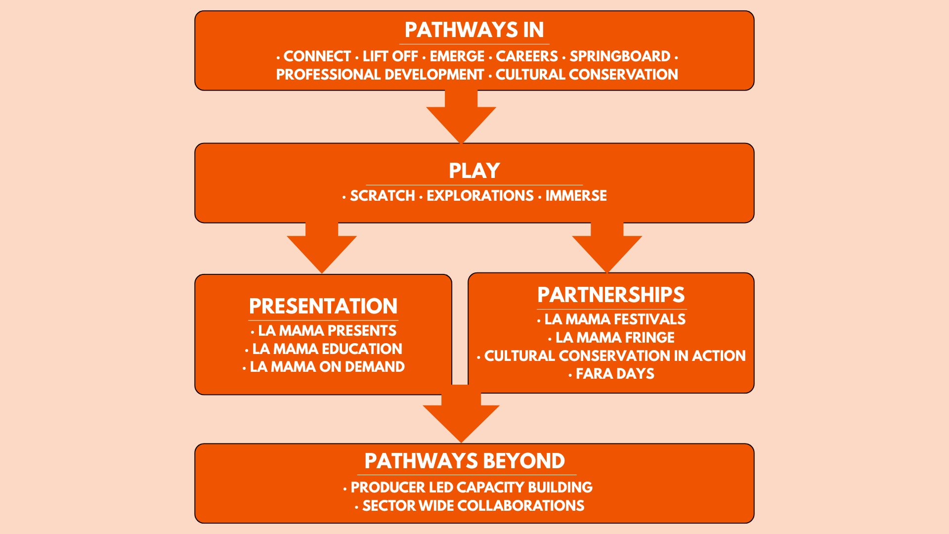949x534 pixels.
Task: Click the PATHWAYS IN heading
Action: tap(474, 30)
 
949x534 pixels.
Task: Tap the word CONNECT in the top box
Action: tap(317, 56)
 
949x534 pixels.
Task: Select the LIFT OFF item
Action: tap(390, 56)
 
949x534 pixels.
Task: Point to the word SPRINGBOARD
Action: tap(620, 56)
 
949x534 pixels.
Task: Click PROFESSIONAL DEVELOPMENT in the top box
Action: tap(380, 75)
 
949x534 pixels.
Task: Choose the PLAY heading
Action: tap(474, 171)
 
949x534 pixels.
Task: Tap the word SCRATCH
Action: tap(382, 196)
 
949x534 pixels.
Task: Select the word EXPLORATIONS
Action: tap(480, 196)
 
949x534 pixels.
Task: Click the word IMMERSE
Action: tap(576, 196)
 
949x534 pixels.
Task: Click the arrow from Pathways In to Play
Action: tap(461, 119)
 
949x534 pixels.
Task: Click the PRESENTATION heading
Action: tap(323, 307)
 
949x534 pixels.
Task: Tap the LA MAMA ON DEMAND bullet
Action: tap(327, 367)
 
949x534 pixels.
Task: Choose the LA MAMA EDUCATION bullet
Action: tap(327, 349)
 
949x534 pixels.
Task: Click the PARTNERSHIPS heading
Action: tap(611, 295)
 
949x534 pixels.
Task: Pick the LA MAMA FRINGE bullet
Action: tap(614, 338)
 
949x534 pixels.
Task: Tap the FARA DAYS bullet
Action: tap(614, 374)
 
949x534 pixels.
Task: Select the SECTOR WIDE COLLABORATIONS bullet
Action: tap(473, 506)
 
